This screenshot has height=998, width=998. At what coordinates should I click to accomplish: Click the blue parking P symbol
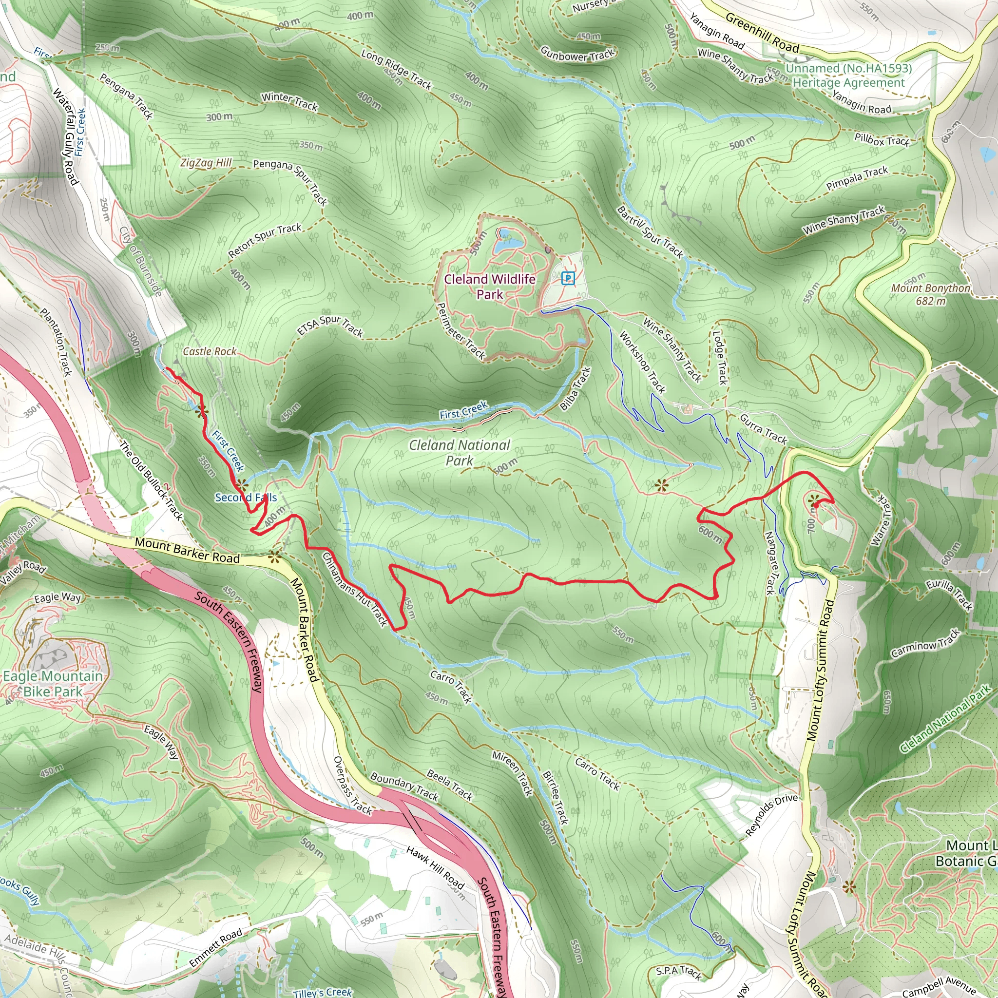tap(568, 278)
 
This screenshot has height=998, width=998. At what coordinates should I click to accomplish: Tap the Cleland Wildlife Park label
tap(489, 286)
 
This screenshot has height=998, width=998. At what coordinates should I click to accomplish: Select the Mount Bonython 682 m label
tap(930, 294)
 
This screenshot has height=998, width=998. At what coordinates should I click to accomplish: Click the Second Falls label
tap(246, 497)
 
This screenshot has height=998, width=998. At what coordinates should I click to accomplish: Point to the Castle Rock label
tap(209, 351)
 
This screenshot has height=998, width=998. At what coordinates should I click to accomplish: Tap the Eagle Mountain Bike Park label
tap(53, 683)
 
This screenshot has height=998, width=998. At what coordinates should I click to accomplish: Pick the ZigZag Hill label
tap(206, 163)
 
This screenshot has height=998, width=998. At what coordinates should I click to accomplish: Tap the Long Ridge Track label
tap(396, 69)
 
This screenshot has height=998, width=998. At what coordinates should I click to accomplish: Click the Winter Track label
tap(289, 101)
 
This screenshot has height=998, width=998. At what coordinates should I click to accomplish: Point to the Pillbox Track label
tap(881, 139)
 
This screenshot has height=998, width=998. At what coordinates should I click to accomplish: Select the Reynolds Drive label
tap(772, 815)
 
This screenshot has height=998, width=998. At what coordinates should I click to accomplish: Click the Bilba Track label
tap(575, 388)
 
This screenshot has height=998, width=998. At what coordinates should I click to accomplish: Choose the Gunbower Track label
tap(577, 54)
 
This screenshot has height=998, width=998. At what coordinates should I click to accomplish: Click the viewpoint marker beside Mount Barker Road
tap(274, 556)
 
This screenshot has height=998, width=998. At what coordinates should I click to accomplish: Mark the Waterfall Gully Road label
tap(66, 137)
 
